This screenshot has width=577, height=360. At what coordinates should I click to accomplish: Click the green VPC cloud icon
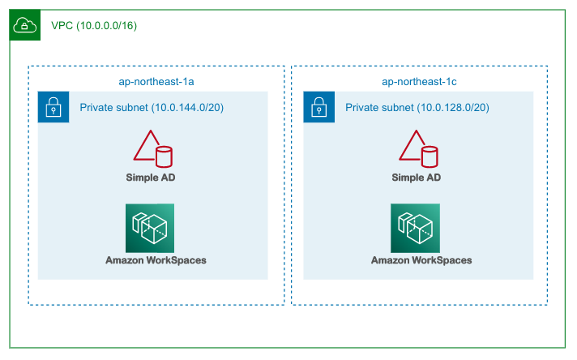coord(25,25)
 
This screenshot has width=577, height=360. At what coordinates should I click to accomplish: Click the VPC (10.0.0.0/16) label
coord(93,26)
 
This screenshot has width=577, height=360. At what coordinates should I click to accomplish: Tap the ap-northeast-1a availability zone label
coord(156,82)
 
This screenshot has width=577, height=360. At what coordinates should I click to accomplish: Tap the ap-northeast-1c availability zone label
coord(419,82)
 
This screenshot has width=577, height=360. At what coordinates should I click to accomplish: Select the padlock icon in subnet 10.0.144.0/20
coord(53,107)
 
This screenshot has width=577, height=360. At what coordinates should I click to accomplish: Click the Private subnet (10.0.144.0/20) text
coord(152,108)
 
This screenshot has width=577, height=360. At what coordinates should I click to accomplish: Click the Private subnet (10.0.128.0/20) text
coord(417,108)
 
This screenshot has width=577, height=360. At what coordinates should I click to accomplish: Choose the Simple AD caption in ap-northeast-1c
coord(417,178)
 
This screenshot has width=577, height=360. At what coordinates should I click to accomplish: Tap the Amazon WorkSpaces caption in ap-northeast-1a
coord(156,260)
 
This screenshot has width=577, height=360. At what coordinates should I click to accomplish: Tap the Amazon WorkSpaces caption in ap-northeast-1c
coord(421,260)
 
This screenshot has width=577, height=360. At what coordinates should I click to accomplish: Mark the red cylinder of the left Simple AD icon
coord(165,156)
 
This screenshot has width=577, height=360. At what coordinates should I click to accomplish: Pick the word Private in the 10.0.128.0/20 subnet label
coord(361,108)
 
